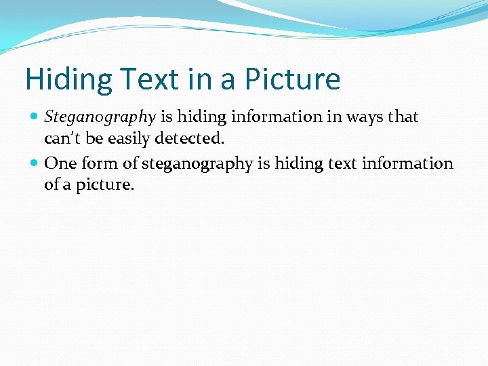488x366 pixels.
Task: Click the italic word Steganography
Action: pyautogui.click(x=100, y=117)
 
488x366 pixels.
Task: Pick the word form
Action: pyautogui.click(x=100, y=163)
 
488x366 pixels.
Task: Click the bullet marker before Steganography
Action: pyautogui.click(x=35, y=117)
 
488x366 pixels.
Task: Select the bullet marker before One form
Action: pyautogui.click(x=35, y=163)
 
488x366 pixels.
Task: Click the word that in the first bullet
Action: pyautogui.click(x=404, y=117)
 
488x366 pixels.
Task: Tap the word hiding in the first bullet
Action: pyautogui.click(x=201, y=117)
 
